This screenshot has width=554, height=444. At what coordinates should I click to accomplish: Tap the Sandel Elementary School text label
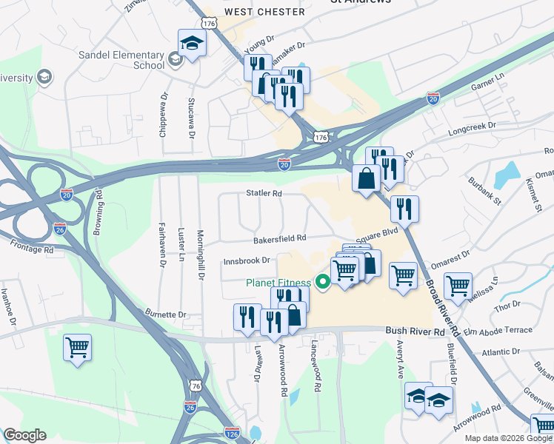(x=122, y=60)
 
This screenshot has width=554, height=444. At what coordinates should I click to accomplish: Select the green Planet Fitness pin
(x=322, y=281)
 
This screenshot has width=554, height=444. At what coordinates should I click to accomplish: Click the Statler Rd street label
(x=264, y=194)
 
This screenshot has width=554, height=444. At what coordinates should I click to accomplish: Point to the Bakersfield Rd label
(x=279, y=238)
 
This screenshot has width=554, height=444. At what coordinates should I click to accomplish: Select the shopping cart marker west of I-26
(x=78, y=348)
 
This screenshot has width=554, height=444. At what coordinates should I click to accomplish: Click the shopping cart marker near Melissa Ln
(x=458, y=286)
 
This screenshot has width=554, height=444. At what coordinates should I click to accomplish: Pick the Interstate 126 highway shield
(x=232, y=431)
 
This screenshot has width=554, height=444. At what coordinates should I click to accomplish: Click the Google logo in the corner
(x=24, y=435)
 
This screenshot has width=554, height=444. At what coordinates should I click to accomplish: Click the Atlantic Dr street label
(x=502, y=352)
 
